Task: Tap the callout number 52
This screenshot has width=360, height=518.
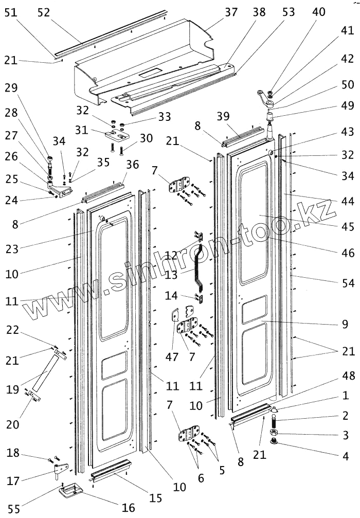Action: pos(43,12)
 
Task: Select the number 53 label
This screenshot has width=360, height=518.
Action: pos(289,12)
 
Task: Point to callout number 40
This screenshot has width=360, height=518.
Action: pos(318,12)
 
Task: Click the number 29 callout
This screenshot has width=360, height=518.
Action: pos(12,87)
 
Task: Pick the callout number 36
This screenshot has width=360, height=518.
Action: pos(133,164)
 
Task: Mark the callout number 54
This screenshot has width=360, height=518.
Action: pos(348,282)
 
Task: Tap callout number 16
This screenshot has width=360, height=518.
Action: pos(128,508)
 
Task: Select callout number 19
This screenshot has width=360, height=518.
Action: pos(12,389)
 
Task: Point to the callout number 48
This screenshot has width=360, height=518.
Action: pos(348,377)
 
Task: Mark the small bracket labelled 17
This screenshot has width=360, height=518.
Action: pos(61,470)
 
